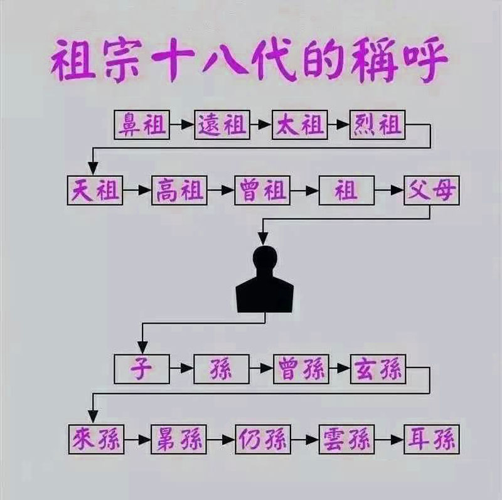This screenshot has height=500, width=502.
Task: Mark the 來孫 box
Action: [x=95, y=440]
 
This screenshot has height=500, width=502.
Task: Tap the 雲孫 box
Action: [x=346, y=440]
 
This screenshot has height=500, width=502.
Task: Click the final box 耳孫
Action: [x=431, y=440]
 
